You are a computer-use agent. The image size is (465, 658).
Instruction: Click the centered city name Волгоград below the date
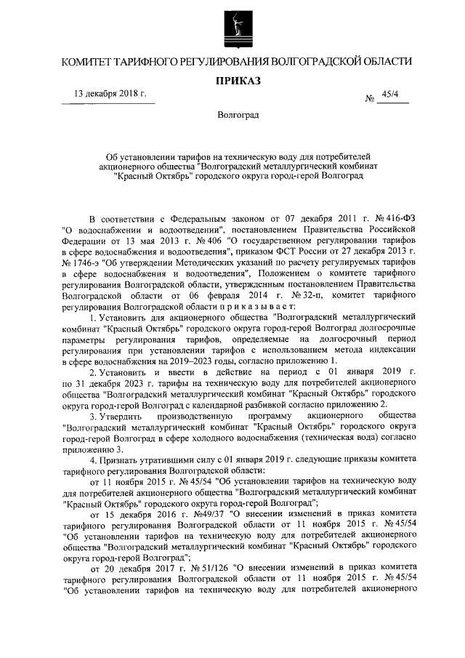[x=238, y=116]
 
